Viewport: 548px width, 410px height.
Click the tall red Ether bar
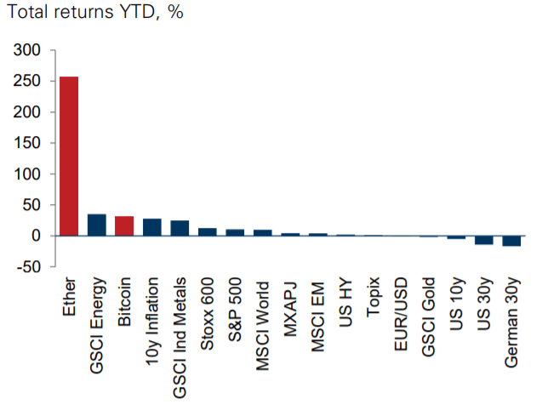pyautogui.click(x=69, y=156)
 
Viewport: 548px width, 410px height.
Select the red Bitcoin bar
pyautogui.click(x=124, y=226)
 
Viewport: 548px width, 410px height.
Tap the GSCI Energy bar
pyautogui.click(x=97, y=225)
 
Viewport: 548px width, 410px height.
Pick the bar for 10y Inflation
pyautogui.click(x=152, y=227)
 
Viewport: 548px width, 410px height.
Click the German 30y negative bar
pyautogui.click(x=512, y=241)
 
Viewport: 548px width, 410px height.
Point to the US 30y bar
pyautogui.click(x=484, y=240)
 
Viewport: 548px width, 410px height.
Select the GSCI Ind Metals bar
pyautogui.click(x=180, y=228)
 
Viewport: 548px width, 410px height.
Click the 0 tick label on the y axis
pyautogui.click(x=37, y=236)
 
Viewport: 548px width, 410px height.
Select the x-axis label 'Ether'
pyautogui.click(x=70, y=298)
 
